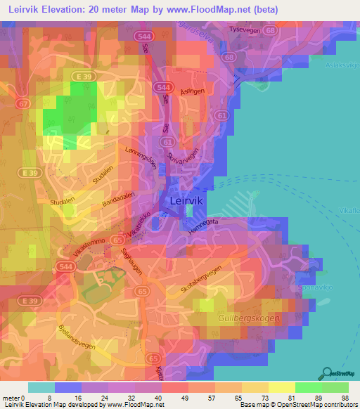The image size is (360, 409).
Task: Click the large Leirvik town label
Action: point(186,201)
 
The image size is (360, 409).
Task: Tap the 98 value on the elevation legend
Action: point(344,398)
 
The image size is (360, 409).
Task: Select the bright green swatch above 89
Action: point(308,387)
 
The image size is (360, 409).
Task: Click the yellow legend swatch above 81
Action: point(281,387)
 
